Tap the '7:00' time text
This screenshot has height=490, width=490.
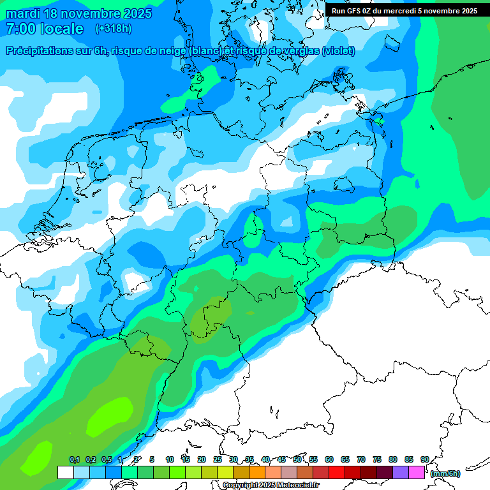20,29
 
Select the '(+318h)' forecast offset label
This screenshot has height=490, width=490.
113,29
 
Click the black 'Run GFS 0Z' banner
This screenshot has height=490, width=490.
405,11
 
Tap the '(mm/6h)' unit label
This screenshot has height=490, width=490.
445,473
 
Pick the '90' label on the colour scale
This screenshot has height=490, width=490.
424,459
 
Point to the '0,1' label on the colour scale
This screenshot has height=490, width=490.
74,459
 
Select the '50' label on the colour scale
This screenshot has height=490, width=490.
297,459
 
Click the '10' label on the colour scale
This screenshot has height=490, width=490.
170,459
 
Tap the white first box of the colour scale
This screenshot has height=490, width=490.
65,472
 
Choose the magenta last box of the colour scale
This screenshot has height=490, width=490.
417,472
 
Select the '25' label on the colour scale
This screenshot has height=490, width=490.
218,459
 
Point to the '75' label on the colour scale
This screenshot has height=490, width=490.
377,459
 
